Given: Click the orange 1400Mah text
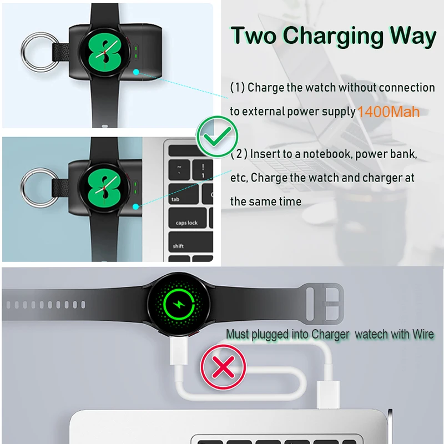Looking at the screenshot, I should (389, 112).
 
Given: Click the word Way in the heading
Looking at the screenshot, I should (412, 36).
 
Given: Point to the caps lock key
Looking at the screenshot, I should (187, 222).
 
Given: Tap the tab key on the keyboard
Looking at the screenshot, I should (176, 198).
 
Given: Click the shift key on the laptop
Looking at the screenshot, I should (179, 245).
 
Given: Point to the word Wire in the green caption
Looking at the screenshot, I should (420, 334).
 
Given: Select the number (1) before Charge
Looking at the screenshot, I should (238, 88).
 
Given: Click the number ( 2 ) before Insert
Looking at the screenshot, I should (239, 154).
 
